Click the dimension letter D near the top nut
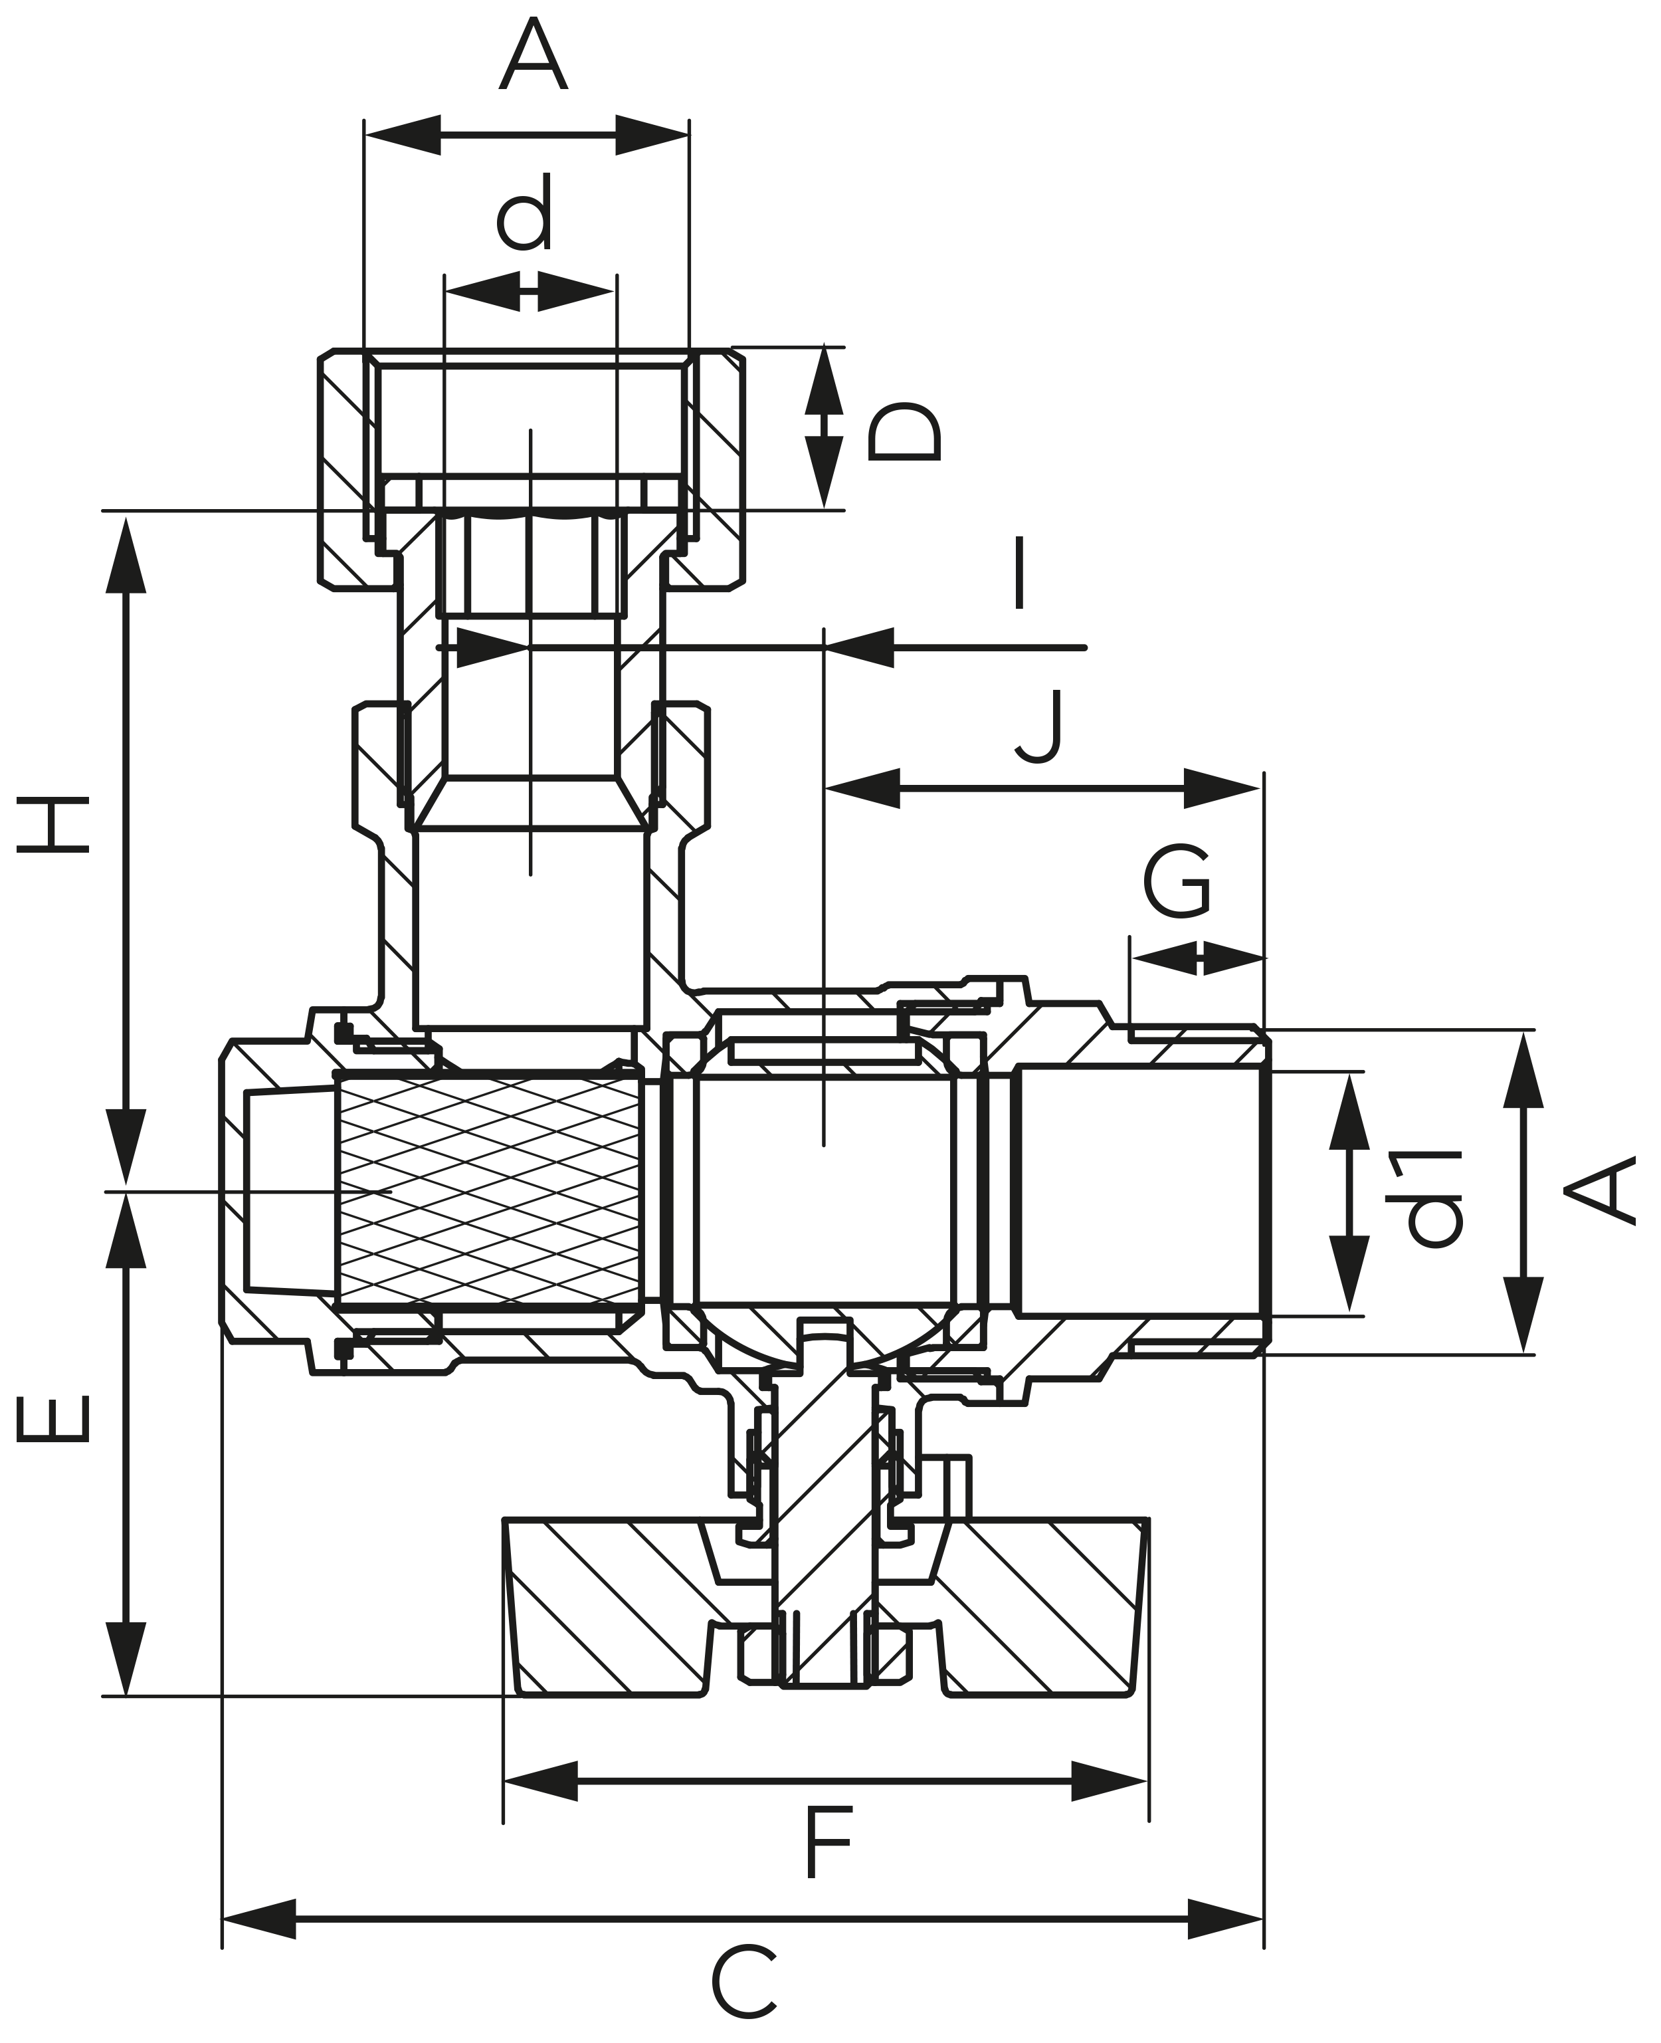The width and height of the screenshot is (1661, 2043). click(x=904, y=433)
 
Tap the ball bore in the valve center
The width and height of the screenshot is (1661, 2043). click(x=824, y=1192)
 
